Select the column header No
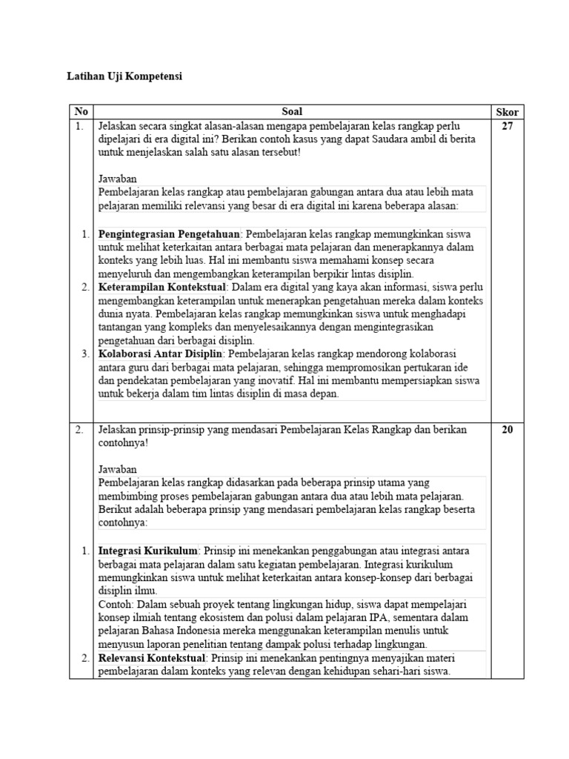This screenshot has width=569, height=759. (81, 112)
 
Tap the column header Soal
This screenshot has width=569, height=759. (292, 112)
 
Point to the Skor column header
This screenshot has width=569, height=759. (507, 112)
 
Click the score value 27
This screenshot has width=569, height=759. (507, 126)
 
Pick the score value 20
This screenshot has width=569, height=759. (507, 429)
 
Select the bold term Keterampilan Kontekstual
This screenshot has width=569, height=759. (162, 288)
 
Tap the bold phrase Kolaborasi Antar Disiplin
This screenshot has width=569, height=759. (161, 354)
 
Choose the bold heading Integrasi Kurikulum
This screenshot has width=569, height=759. (148, 551)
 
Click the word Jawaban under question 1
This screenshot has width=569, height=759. (117, 179)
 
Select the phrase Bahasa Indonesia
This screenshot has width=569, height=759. (179, 631)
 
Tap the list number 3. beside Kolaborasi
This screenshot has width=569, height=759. (85, 354)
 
